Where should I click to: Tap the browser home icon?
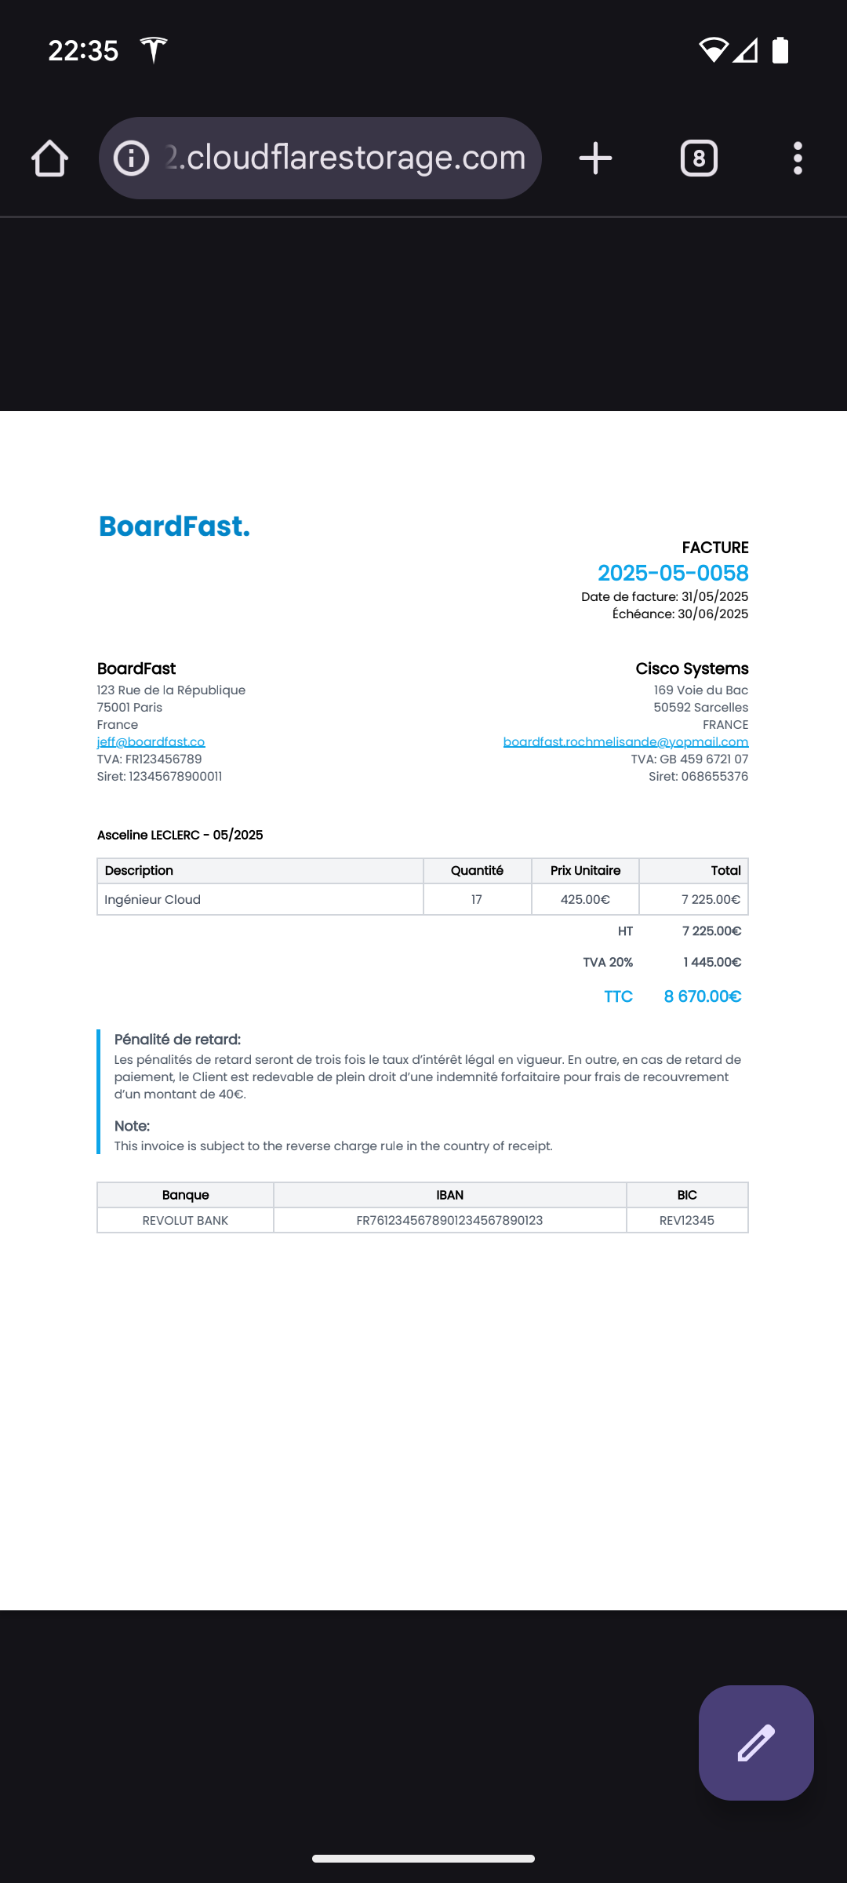tap(49, 158)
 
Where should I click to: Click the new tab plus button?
tap(595, 158)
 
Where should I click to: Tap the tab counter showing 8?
tap(699, 158)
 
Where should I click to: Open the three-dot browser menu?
tap(798, 158)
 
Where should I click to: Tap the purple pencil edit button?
tap(756, 1743)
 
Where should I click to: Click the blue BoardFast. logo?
tap(174, 526)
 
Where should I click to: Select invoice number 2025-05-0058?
tap(673, 574)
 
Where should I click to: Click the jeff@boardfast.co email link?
tap(151, 742)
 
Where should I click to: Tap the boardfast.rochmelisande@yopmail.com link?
tap(625, 742)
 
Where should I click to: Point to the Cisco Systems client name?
tap(692, 668)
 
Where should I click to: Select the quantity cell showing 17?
tap(477, 900)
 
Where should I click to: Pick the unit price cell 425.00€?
tap(585, 900)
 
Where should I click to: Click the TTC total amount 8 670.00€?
tap(702, 996)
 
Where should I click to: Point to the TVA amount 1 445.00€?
tap(712, 963)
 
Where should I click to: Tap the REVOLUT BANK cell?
tap(185, 1221)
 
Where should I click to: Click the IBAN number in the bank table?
tap(449, 1221)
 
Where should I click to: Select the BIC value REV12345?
tap(687, 1221)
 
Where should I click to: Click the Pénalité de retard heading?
tap(177, 1040)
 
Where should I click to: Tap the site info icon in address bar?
tap(131, 158)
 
